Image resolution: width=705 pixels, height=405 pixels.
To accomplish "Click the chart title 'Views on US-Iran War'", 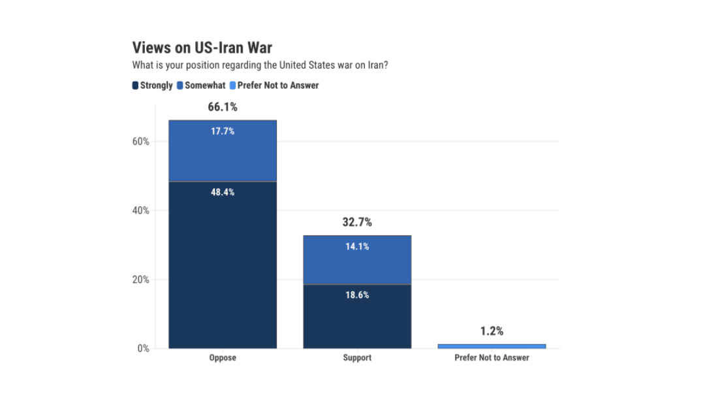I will [202, 48].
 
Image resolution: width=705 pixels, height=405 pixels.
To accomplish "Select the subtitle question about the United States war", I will [261, 65].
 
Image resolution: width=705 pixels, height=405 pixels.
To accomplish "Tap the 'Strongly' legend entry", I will [153, 86].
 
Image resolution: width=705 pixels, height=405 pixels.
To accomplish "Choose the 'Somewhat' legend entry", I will [201, 86].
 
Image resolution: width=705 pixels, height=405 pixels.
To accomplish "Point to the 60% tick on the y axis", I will [142, 142].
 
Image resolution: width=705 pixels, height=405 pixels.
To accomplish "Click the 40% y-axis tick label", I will [142, 210].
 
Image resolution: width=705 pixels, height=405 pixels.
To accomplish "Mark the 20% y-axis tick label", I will [142, 280].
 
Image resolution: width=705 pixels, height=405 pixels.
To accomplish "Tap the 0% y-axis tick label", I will [144, 349].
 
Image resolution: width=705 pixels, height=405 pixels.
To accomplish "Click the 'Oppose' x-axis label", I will [223, 358].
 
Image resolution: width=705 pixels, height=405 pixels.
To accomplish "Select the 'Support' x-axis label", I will [357, 358].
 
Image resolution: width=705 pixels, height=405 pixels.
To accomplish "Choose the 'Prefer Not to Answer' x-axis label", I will [492, 358].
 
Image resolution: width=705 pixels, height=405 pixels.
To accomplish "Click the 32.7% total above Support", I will [357, 223].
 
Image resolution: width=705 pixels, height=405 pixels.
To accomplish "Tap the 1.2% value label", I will [492, 331].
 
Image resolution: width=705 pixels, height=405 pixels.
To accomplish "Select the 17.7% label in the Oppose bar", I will [223, 131].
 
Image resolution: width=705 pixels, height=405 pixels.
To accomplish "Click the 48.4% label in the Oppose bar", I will [223, 193].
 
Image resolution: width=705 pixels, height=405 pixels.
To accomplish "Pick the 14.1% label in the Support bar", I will [357, 247].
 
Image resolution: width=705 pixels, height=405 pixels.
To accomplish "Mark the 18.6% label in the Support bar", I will [357, 295].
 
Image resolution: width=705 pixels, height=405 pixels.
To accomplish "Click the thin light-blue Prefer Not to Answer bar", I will [492, 346].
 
